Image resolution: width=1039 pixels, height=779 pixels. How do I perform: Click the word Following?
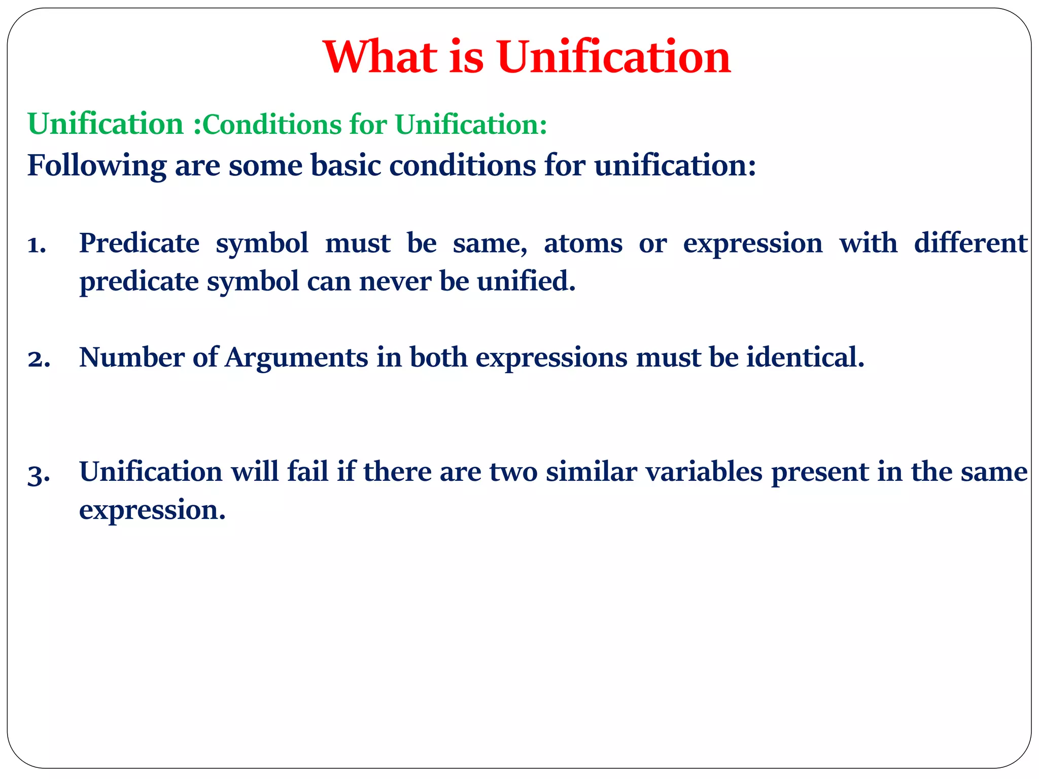click(x=97, y=166)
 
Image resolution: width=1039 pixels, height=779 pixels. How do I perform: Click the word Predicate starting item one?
click(x=140, y=243)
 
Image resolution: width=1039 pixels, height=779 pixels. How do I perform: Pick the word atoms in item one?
click(x=583, y=243)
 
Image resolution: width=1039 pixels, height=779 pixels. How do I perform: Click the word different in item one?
click(x=971, y=243)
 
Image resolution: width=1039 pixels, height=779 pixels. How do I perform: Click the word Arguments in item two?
click(x=297, y=358)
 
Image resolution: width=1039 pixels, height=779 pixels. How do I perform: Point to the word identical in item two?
click(x=805, y=358)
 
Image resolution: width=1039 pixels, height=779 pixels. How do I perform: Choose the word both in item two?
click(x=438, y=358)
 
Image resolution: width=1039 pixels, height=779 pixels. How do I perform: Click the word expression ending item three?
click(x=152, y=510)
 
